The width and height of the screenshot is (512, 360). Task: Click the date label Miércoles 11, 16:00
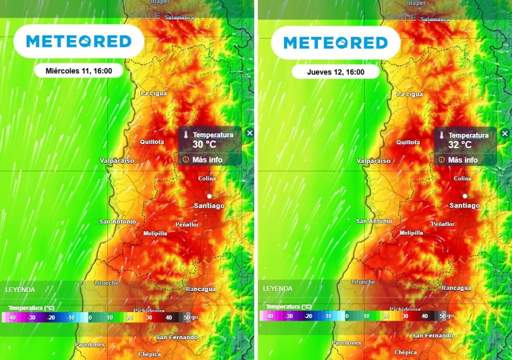click(x=78, y=71)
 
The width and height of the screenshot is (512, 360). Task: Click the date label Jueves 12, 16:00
click(x=335, y=72)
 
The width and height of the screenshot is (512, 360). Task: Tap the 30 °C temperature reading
click(x=204, y=144)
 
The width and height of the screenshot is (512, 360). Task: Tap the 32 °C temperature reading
click(x=460, y=144)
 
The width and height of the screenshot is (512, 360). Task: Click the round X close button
click(x=250, y=133)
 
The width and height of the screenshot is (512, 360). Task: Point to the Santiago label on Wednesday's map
click(x=209, y=205)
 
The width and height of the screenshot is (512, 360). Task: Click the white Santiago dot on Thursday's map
click(x=465, y=196)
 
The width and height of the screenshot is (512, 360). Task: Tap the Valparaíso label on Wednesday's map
click(x=117, y=160)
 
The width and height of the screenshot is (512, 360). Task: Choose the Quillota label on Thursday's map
click(x=408, y=142)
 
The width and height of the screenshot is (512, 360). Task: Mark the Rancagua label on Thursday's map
click(x=456, y=288)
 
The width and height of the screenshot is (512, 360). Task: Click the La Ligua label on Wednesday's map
click(x=153, y=93)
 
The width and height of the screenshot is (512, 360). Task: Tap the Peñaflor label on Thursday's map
click(x=442, y=224)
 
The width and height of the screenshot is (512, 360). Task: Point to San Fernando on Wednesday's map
click(x=176, y=337)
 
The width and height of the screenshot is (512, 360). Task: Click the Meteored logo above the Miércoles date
click(x=78, y=41)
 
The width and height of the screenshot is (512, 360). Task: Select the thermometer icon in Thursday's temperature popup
click(x=441, y=136)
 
